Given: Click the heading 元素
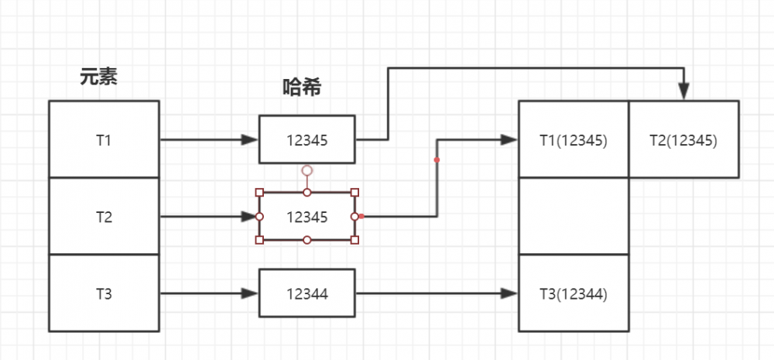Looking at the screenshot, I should click(98, 76).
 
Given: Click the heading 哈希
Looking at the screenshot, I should click(302, 87).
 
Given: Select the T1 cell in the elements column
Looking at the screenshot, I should click(104, 139).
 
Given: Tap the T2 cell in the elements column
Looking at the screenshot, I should click(104, 216).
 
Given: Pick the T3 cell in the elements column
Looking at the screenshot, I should click(104, 293).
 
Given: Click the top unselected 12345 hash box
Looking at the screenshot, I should click(307, 139).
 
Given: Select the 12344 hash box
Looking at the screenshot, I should click(307, 293).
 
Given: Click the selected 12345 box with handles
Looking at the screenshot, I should click(307, 216).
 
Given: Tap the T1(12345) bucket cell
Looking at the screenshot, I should click(573, 139).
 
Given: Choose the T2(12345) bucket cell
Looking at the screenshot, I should click(683, 139).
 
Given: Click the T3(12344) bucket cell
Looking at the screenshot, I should click(573, 293).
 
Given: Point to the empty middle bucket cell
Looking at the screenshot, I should click(573, 216).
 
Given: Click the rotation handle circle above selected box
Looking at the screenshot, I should click(307, 170).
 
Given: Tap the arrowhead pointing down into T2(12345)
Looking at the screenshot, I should click(683, 92).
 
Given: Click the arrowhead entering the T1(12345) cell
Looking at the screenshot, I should click(509, 139).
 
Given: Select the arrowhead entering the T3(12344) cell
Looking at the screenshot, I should click(509, 293).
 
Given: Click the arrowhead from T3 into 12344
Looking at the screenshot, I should click(249, 293).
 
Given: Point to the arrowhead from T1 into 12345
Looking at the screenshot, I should click(249, 139).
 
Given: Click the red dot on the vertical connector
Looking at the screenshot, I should click(437, 160).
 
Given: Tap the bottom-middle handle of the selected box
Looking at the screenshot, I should click(307, 240).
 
